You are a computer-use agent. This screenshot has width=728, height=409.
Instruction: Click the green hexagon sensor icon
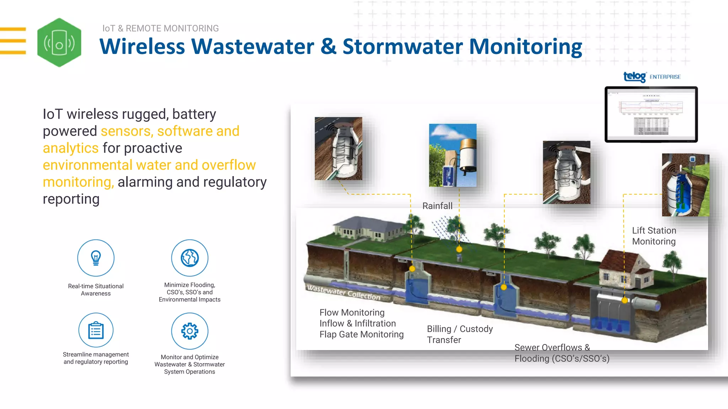pos(59,43)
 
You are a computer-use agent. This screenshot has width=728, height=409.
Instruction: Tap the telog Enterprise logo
pos(652,77)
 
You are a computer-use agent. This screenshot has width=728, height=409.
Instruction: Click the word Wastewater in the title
pos(252,47)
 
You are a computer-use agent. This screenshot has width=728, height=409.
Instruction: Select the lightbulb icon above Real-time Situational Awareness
pos(96,258)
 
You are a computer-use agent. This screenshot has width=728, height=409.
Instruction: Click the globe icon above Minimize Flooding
pos(189,258)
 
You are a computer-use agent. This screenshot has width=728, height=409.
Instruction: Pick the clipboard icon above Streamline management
pos(96,330)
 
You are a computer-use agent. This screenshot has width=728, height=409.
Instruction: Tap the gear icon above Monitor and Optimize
pos(189,331)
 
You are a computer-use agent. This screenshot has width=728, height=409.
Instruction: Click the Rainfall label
pos(437,206)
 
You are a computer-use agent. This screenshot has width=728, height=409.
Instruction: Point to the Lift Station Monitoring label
pos(654,236)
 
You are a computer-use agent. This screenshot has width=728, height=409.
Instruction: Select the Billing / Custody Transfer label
pos(460,334)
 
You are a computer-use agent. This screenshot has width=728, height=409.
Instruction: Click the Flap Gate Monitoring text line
pos(361,334)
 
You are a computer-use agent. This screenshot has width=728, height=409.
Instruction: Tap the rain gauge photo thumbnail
pos(453,155)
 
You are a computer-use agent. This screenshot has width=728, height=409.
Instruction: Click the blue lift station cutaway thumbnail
pos(685,185)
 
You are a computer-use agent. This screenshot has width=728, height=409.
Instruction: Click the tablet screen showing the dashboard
pos(651,114)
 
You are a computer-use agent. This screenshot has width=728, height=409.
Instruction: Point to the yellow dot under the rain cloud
pos(459,249)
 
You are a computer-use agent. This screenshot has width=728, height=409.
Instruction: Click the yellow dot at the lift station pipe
pos(625,300)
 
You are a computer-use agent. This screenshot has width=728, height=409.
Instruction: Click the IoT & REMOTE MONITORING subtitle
pos(160,28)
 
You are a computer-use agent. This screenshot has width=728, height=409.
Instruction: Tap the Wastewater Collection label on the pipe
pos(343,293)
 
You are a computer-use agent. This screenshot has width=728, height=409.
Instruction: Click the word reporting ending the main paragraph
pos(71,199)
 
